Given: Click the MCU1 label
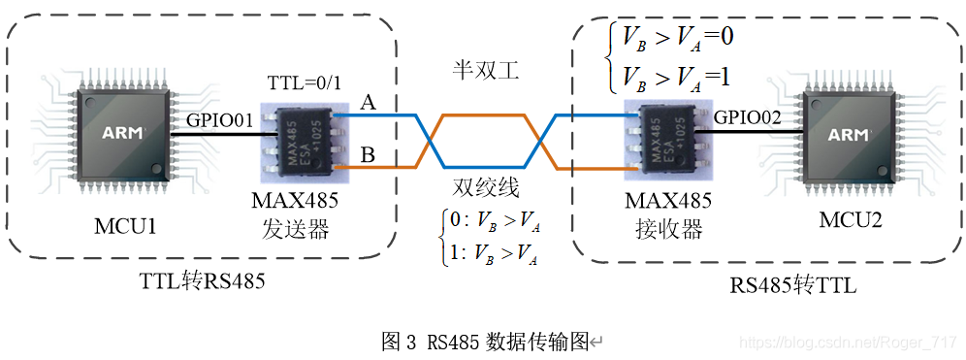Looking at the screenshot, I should (124, 226).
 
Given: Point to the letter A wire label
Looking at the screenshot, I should (369, 102).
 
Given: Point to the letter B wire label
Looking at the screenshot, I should (369, 153).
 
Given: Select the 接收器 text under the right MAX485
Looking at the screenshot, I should (669, 230).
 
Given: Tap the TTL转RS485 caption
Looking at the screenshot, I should (204, 281).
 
